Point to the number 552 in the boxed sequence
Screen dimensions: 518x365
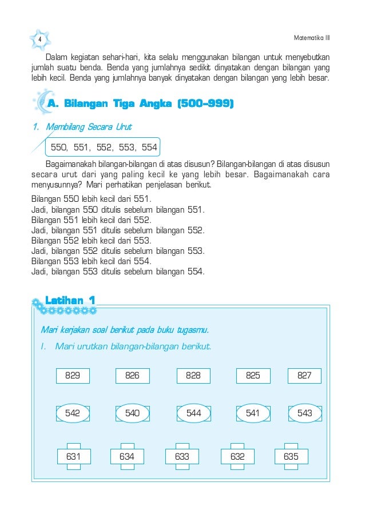click(104, 147)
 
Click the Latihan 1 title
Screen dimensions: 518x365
click(70, 300)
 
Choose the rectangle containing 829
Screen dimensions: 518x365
click(73, 376)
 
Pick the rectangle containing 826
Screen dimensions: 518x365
click(132, 376)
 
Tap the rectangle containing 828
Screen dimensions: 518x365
click(193, 376)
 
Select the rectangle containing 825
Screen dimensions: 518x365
click(253, 376)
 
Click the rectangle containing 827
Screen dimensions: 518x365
click(304, 376)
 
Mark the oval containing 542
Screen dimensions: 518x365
click(73, 413)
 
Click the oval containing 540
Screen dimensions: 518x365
click(132, 413)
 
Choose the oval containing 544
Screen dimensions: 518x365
click(193, 413)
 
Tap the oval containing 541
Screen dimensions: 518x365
click(253, 413)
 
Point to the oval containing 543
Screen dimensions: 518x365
click(305, 413)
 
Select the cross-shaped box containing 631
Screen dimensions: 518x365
click(73, 456)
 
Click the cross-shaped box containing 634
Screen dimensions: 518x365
click(126, 456)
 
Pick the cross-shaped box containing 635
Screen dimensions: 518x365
click(291, 456)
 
